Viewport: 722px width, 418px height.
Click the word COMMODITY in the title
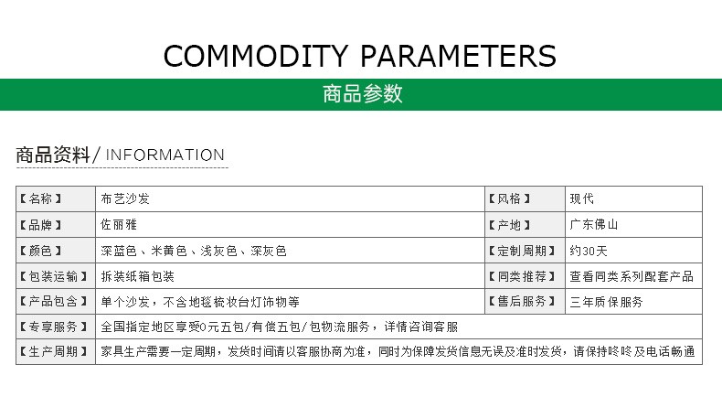click(x=256, y=56)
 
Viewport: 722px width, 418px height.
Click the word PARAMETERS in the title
click(x=458, y=56)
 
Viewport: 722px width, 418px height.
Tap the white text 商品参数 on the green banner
click(x=363, y=94)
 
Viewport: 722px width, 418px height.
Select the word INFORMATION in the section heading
click(x=165, y=155)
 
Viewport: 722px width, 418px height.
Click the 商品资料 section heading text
click(x=53, y=155)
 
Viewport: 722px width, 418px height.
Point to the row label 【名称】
click(x=40, y=198)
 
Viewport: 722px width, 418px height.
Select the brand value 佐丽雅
click(x=119, y=224)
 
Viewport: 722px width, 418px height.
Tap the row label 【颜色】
click(x=40, y=251)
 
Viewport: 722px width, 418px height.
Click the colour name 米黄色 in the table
click(x=169, y=251)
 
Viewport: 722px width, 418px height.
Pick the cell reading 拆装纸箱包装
click(x=137, y=276)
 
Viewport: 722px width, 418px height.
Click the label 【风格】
click(x=509, y=198)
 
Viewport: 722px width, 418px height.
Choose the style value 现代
click(x=582, y=198)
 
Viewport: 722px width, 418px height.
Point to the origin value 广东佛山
click(x=594, y=224)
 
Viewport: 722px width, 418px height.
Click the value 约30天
click(x=589, y=251)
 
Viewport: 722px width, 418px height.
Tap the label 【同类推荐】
click(x=522, y=276)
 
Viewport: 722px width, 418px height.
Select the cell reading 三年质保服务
click(x=607, y=302)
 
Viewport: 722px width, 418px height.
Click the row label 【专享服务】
click(x=53, y=327)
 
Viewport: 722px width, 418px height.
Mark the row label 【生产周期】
click(x=53, y=351)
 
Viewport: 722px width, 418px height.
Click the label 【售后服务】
click(x=522, y=302)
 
